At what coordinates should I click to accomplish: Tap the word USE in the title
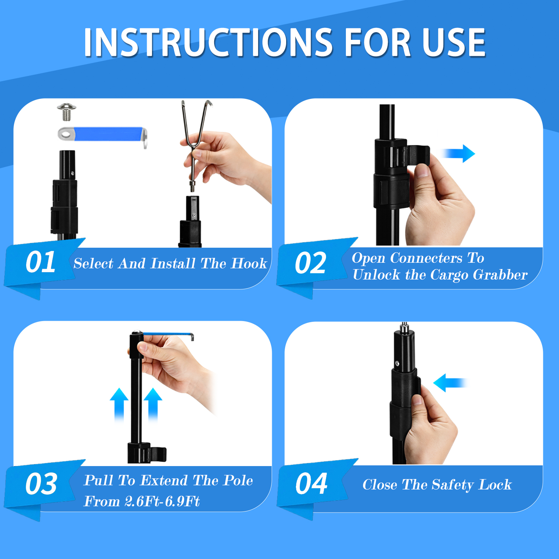coord(454,42)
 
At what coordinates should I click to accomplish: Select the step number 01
coord(41,262)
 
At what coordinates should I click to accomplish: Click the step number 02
coord(311,263)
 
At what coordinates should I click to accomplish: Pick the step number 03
coord(41,484)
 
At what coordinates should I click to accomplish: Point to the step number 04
coord(312,484)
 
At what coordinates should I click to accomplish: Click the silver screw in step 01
coord(67,111)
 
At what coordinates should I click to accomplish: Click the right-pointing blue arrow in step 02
coord(458,153)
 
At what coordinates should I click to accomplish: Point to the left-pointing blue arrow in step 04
coord(450,383)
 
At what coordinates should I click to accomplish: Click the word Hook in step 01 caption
coord(249,263)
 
